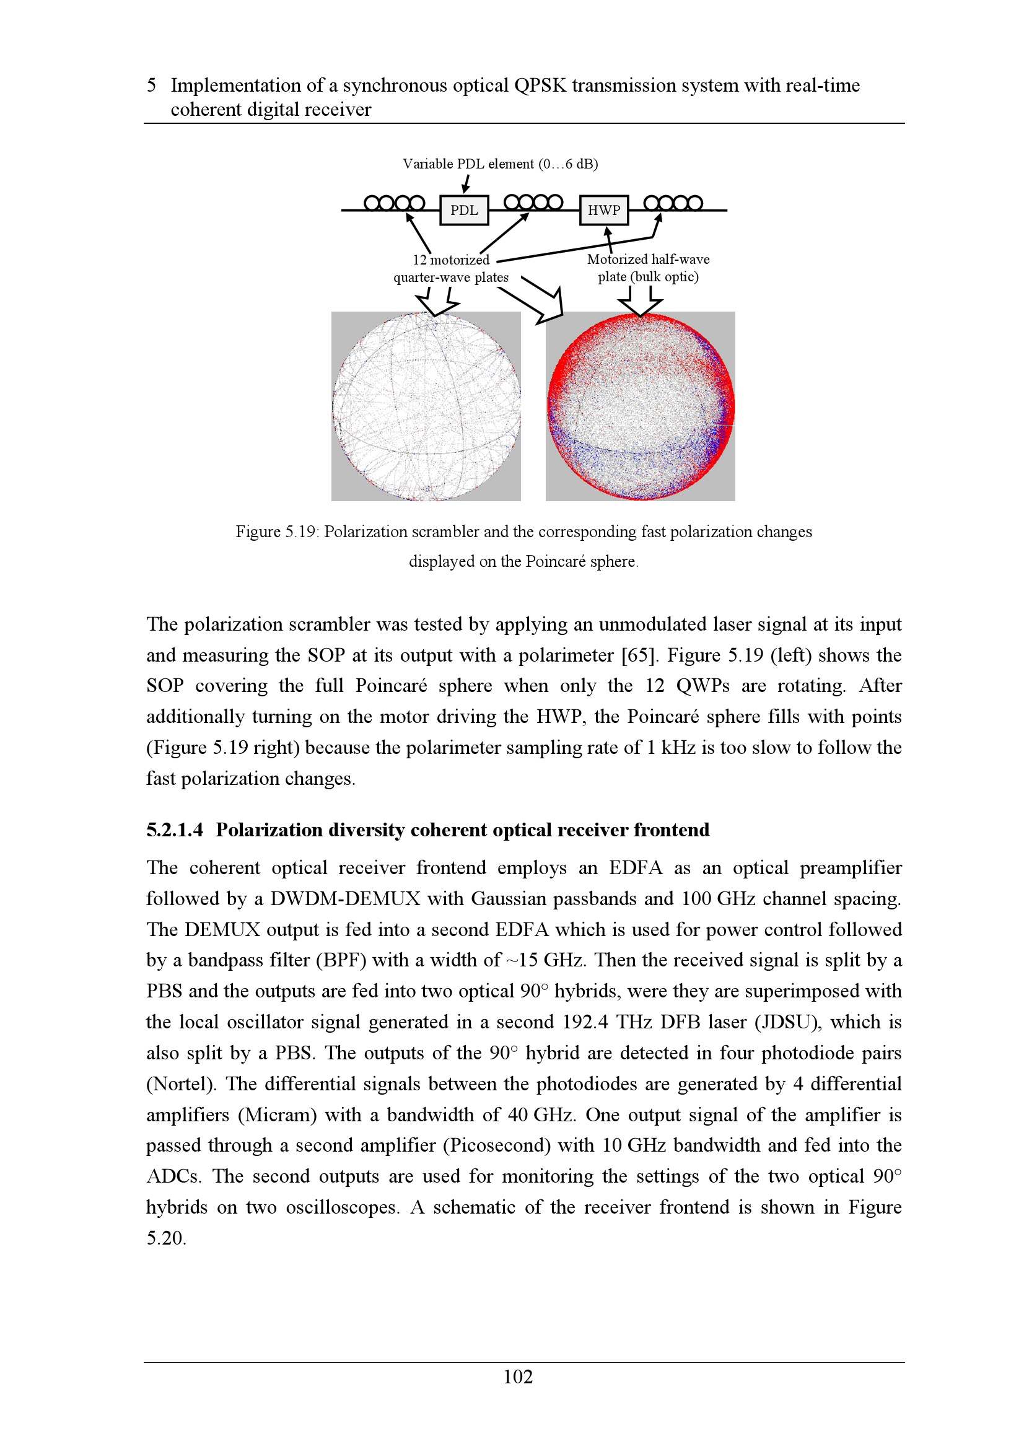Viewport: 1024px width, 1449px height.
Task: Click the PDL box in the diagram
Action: click(464, 210)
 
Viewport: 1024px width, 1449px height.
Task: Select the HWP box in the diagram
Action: click(604, 210)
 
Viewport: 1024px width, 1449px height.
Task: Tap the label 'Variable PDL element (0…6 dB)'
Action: click(501, 164)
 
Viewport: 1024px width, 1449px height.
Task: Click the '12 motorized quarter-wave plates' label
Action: click(451, 268)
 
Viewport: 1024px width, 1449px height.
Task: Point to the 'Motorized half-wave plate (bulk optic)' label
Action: click(648, 268)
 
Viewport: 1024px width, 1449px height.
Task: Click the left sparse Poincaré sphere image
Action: click(426, 406)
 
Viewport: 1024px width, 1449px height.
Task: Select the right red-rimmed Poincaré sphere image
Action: click(641, 406)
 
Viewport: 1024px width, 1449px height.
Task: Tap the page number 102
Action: click(518, 1377)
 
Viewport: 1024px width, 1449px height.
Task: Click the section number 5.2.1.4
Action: click(175, 830)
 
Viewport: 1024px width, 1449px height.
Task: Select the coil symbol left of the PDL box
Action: click(395, 203)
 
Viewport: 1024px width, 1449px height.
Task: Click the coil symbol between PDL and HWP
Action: click(533, 202)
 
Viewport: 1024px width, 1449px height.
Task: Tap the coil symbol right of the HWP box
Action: click(673, 203)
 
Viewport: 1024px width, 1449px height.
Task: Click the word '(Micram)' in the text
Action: click(277, 1115)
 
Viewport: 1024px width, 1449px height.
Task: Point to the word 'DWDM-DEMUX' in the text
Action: click(345, 899)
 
